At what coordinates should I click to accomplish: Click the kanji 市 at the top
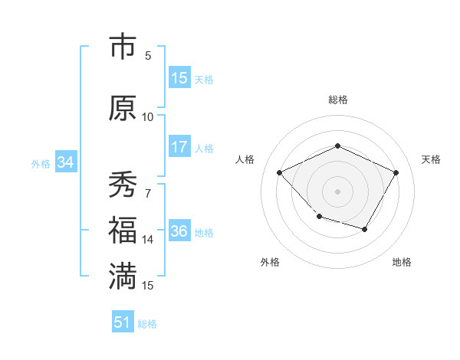pyautogui.click(x=123, y=47)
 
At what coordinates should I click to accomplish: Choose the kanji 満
pyautogui.click(x=123, y=277)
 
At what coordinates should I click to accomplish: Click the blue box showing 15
pyautogui.click(x=179, y=78)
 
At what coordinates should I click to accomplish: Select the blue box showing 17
pyautogui.click(x=179, y=148)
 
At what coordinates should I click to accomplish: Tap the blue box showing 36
pyautogui.click(x=179, y=232)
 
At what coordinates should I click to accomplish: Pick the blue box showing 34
pyautogui.click(x=65, y=162)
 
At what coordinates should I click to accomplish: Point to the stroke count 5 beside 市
pyautogui.click(x=148, y=55)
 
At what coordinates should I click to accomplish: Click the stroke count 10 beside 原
pyautogui.click(x=148, y=116)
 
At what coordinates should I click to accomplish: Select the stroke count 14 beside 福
pyautogui.click(x=148, y=240)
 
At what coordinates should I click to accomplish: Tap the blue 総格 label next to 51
pyautogui.click(x=147, y=324)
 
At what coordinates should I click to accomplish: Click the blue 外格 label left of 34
pyautogui.click(x=41, y=163)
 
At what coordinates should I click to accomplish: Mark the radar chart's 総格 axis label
pyautogui.click(x=337, y=100)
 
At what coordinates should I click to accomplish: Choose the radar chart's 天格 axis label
pyautogui.click(x=432, y=159)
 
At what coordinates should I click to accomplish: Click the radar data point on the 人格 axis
pyautogui.click(x=280, y=172)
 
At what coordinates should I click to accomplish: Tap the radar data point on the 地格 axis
pyautogui.click(x=365, y=229)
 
